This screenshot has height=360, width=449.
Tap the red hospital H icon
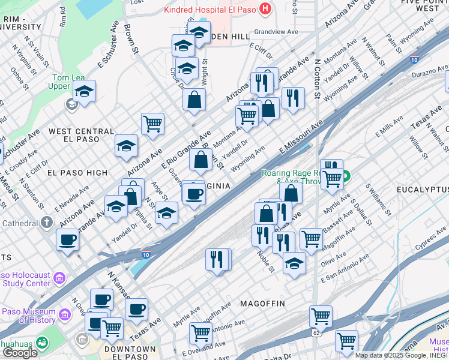pyautogui.click(x=264, y=9)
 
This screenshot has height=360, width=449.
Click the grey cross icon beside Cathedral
pyautogui.click(x=47, y=223)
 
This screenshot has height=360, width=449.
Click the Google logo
pyautogui.click(x=20, y=353)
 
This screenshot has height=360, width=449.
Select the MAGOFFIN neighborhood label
pyautogui.click(x=262, y=304)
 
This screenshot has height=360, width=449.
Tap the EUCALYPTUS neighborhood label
pyautogui.click(x=423, y=190)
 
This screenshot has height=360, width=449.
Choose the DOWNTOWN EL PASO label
pyautogui.click(x=130, y=349)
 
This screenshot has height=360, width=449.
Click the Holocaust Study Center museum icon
pyautogui.click(x=59, y=278)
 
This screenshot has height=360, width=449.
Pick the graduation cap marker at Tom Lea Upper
pyautogui.click(x=85, y=92)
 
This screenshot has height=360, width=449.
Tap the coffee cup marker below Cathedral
pyautogui.click(x=67, y=239)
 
